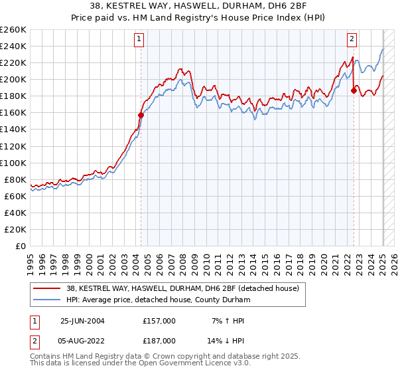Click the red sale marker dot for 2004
point(141,115)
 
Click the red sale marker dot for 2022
point(354,90)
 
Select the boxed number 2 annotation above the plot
point(352,39)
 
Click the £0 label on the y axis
point(21,246)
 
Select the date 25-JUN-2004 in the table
point(82,321)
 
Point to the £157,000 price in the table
point(159,321)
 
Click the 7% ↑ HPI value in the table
point(227,321)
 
